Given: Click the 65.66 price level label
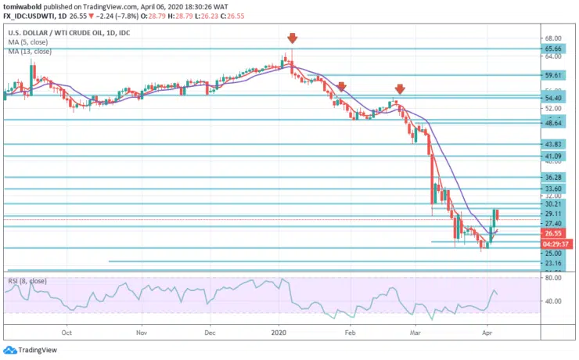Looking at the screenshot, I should [x=555, y=48].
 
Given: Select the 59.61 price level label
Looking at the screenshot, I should [x=555, y=76].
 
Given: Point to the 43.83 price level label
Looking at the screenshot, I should [x=555, y=144].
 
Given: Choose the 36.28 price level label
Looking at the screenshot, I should [x=555, y=178].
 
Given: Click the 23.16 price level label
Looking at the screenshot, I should [x=555, y=265].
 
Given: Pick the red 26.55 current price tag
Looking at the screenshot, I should [x=555, y=233].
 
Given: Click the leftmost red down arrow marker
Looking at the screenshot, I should [x=292, y=38].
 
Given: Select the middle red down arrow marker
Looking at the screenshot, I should [x=341, y=86].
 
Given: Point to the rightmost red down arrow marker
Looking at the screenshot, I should [x=399, y=89].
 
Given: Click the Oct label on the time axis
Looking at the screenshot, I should [x=68, y=331].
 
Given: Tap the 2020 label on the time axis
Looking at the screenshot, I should [x=279, y=331].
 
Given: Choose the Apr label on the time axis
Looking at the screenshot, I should [x=487, y=331].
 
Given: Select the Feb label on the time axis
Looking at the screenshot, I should [x=351, y=331].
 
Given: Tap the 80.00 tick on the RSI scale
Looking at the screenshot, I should [x=555, y=278].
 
